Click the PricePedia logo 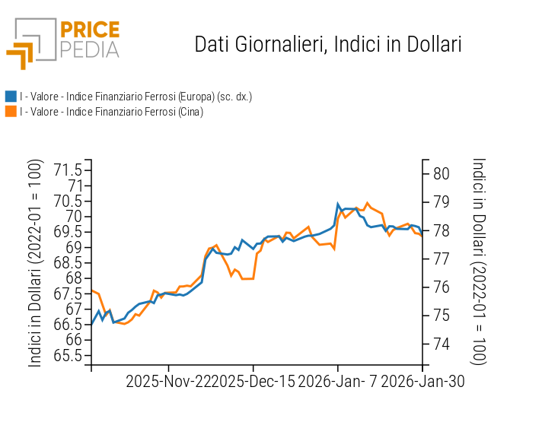coord(62,43)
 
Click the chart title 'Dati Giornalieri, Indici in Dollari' coord(328,44)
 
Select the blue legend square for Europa coord(11,97)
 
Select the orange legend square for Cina coord(11,112)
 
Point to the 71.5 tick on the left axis coord(68,170)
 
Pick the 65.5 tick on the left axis coord(68,355)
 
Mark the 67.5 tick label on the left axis coord(68,293)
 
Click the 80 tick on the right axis coord(442,173)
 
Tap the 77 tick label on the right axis coord(442,259)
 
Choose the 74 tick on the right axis coord(442,344)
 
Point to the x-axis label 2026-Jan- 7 coord(338,382)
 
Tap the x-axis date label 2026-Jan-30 coord(422,382)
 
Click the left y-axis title coord(35,263)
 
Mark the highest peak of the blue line coord(338,204)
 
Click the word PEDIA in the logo coord(89,49)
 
